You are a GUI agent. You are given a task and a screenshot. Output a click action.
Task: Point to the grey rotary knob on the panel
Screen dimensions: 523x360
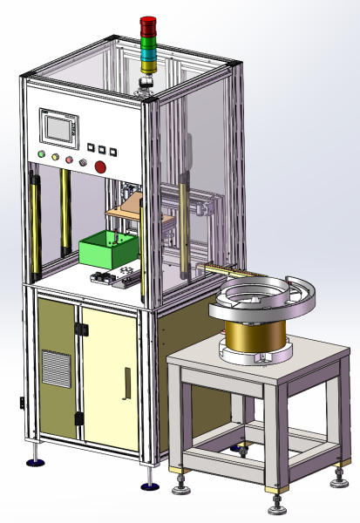(84, 162)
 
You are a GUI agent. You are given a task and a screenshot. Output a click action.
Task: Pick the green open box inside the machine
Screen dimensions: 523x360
(108, 250)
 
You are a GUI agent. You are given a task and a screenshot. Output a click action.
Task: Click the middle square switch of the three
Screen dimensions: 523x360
(101, 149)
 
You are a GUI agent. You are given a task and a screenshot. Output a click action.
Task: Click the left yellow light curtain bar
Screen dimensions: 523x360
(36, 221)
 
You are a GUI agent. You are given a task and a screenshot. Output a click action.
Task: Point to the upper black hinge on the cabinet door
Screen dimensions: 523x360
(81, 329)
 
